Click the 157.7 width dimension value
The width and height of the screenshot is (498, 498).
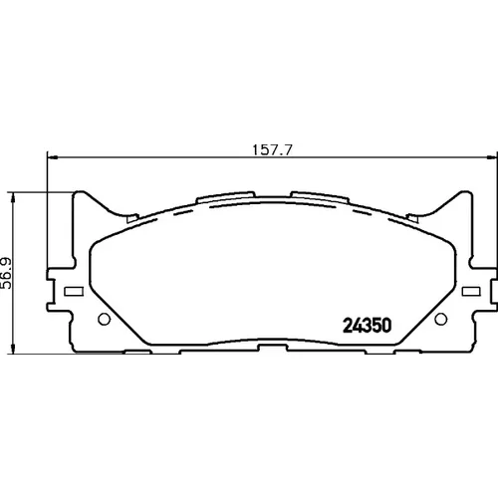[x=272, y=149]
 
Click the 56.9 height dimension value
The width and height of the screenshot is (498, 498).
[x=6, y=273]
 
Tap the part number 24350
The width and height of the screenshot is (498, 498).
[x=368, y=326]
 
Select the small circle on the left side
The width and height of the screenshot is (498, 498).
[x=105, y=319]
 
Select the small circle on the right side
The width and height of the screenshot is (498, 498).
[x=441, y=319]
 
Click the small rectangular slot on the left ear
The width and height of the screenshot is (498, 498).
[x=74, y=292]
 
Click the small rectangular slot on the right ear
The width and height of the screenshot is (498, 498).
[x=471, y=292]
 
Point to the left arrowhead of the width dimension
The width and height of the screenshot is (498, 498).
[x=53, y=157]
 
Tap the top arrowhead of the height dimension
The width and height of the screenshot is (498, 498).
[x=13, y=197]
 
